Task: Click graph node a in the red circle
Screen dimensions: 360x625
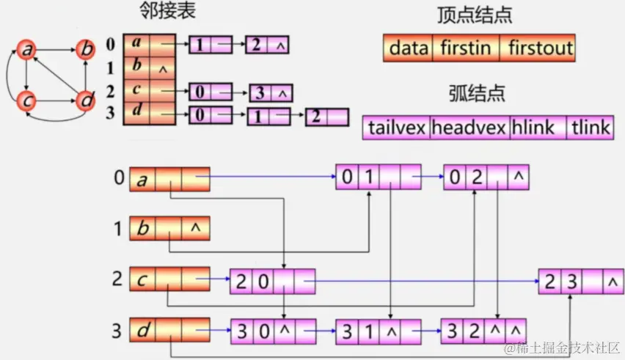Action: (x=27, y=50)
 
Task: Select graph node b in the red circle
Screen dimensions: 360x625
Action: (x=86, y=50)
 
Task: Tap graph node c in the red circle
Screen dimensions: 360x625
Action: (x=27, y=99)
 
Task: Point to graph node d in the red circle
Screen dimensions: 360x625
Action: (x=86, y=100)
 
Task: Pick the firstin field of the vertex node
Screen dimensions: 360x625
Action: (x=466, y=49)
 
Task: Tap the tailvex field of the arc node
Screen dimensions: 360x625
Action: (x=396, y=128)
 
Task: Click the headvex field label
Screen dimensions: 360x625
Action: (x=469, y=128)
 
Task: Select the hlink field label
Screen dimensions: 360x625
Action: (x=538, y=128)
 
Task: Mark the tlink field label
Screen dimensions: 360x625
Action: (x=590, y=128)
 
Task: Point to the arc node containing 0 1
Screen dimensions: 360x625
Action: (x=379, y=177)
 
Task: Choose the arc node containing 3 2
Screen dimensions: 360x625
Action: (x=484, y=330)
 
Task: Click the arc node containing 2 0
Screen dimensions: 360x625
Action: (x=272, y=280)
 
